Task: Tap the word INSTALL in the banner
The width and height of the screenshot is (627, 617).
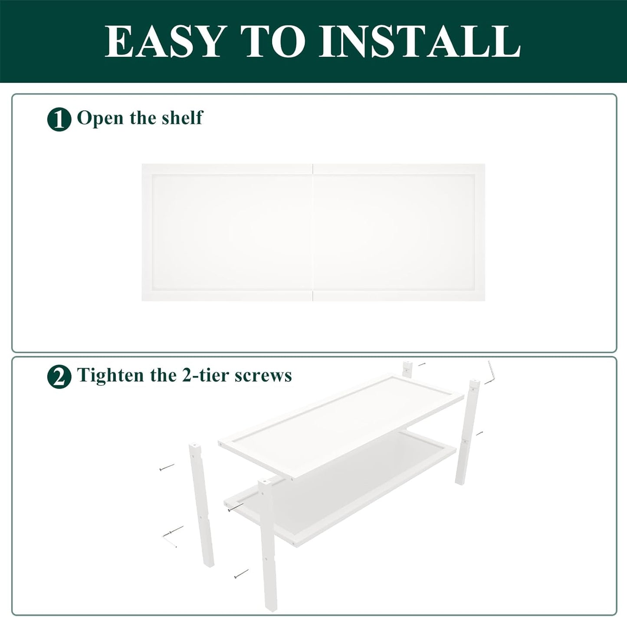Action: pos(420,42)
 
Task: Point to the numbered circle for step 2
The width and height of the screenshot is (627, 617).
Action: pos(59,377)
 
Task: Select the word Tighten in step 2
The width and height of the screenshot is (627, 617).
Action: pos(111,376)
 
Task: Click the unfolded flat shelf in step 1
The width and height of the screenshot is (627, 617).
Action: pos(313,232)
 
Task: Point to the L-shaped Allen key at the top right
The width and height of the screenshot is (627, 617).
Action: pos(490,372)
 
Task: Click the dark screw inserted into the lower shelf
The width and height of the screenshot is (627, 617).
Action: pos(236,507)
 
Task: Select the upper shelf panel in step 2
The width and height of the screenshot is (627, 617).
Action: pos(341,425)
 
